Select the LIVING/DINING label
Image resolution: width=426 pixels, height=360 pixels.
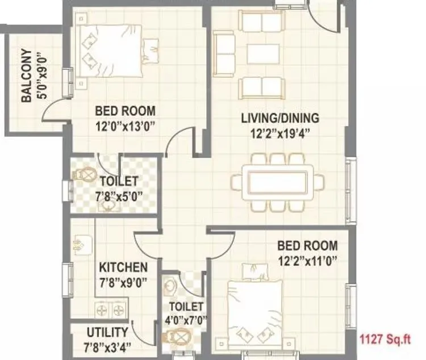pos(280,118)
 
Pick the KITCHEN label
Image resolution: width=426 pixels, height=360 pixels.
pos(123,267)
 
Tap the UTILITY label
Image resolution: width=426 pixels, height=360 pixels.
pos(107,332)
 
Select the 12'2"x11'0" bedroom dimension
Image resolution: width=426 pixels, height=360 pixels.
pos(307,262)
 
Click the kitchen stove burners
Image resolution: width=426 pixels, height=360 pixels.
pos(110,311)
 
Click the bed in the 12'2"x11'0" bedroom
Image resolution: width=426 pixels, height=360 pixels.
pos(256,309)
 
